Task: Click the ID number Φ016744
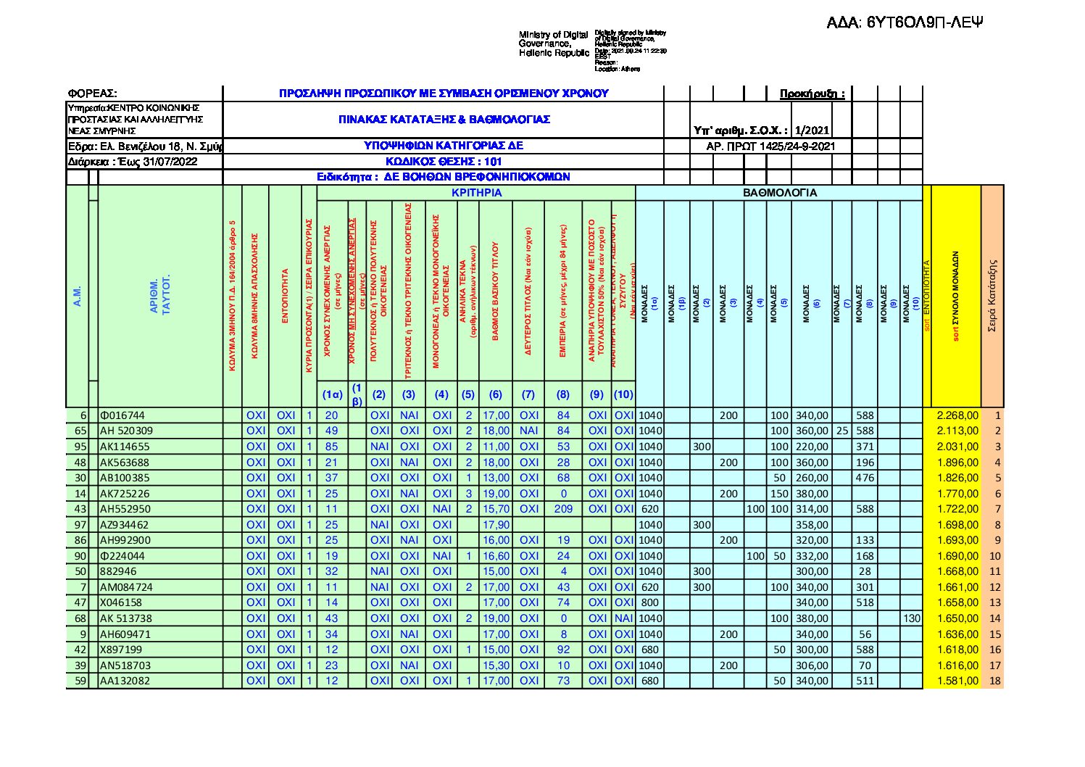coord(122,415)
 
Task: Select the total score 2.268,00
coord(957,415)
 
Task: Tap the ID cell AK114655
coord(125,447)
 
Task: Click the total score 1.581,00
coord(957,681)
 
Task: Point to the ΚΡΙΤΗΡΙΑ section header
coord(476,193)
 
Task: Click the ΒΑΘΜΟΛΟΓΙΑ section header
coord(780,193)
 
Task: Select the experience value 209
coord(563,509)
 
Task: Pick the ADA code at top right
coord(905,22)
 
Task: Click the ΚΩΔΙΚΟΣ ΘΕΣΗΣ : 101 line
coord(444,162)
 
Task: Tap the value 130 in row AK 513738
coord(911,618)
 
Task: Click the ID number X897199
coord(121,650)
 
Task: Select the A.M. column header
coord(78,296)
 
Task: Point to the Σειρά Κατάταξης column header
coord(992,296)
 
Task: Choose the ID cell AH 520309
coord(126,431)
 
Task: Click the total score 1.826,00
coord(957,478)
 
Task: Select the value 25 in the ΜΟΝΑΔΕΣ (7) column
coord(841,431)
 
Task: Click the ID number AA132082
coord(125,681)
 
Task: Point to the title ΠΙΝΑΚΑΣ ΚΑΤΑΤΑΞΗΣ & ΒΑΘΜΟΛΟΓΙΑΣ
coord(444,119)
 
